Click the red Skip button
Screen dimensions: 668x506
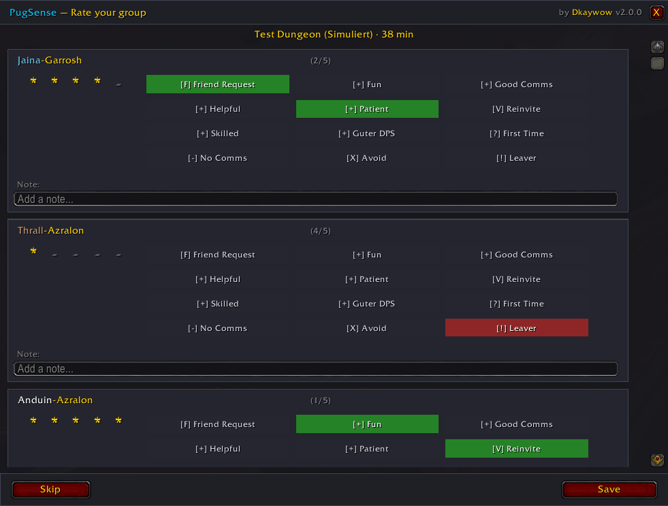[x=50, y=490]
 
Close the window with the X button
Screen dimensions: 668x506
[x=656, y=12]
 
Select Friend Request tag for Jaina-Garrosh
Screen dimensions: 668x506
[x=218, y=84]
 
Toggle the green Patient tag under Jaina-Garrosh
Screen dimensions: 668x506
[x=367, y=109]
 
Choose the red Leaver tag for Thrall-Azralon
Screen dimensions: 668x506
[x=517, y=328]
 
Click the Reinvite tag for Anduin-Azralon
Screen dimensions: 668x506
[x=517, y=449]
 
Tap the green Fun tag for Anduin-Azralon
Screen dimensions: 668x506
[x=367, y=424]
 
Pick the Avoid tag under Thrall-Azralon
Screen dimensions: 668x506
[x=367, y=328]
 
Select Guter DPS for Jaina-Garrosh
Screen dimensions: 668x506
[x=367, y=133]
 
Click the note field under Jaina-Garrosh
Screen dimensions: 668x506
[x=316, y=199]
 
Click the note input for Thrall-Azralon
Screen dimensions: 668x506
[x=316, y=369]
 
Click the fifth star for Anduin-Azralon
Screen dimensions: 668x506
[x=118, y=420]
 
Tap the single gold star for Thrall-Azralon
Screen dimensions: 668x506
[x=33, y=251]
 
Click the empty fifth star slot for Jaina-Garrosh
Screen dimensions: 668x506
[x=118, y=84]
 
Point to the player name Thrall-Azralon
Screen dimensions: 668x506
[x=50, y=230]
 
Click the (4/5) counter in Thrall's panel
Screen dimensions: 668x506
[x=321, y=231]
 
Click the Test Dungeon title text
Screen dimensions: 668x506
[x=334, y=35]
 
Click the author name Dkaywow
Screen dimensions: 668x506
[x=592, y=12]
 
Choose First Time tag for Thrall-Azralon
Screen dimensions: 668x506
[x=517, y=304]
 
